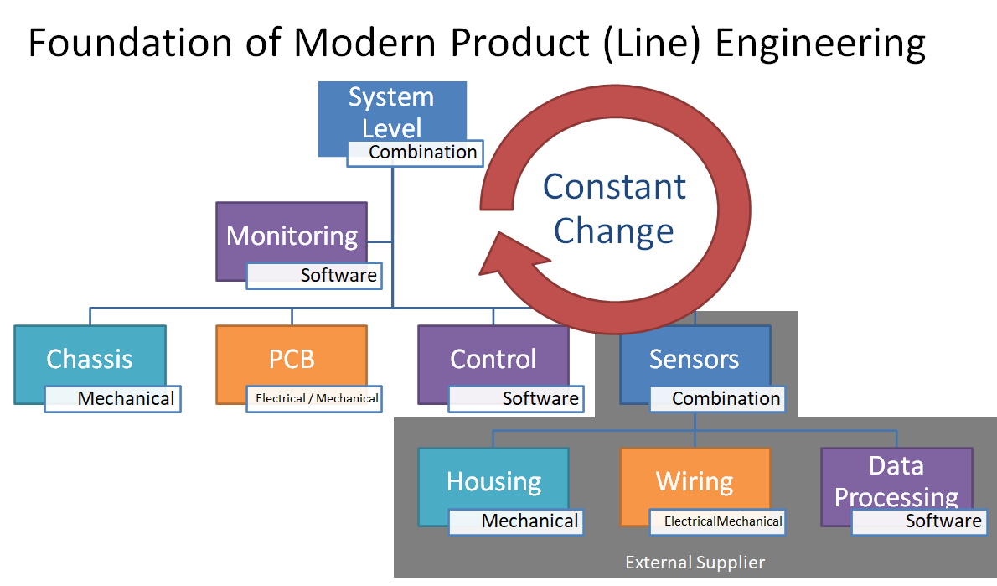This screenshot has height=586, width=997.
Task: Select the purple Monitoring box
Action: tap(292, 235)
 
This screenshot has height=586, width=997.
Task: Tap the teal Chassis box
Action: tap(90, 359)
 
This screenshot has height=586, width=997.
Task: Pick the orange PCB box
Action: tap(292, 359)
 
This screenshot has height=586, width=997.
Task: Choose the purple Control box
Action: tap(493, 359)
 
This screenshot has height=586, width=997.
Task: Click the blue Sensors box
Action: tap(695, 359)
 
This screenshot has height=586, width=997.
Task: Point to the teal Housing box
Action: tap(493, 481)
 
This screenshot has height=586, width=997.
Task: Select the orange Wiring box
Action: tap(695, 481)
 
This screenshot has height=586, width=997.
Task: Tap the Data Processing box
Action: tap(896, 481)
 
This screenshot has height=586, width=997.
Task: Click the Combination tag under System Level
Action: tap(414, 153)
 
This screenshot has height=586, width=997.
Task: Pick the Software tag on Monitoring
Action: tap(313, 275)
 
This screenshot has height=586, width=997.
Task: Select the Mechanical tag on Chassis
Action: tap(113, 399)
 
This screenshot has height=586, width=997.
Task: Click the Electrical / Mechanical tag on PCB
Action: tap(314, 399)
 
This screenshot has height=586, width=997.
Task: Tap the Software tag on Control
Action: tap(516, 399)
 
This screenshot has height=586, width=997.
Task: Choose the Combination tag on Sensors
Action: tap(717, 399)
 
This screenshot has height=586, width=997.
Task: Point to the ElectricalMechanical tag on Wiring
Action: tap(718, 521)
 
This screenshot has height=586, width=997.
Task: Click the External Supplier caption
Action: tap(695, 563)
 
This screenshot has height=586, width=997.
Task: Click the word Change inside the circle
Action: tap(614, 231)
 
